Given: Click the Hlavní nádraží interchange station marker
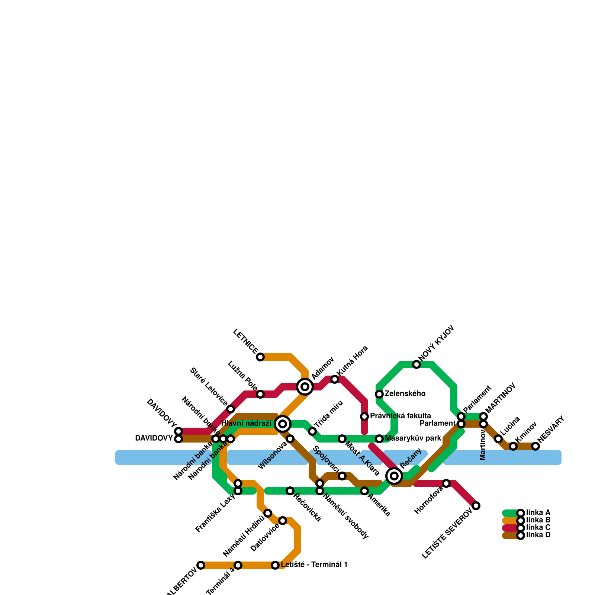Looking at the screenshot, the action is (283, 424).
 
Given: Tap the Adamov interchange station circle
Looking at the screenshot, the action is (305, 387).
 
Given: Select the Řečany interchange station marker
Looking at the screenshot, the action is (394, 476).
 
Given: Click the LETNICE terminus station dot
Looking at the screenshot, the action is (260, 357).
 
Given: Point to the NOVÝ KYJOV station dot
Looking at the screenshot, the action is (416, 364).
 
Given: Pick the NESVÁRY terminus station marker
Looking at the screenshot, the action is (535, 446).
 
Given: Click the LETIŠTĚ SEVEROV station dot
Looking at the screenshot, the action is (476, 506).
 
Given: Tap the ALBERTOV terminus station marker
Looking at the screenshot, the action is (201, 565).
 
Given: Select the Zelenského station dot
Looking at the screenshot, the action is (379, 394).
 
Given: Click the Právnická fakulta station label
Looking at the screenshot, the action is (400, 416).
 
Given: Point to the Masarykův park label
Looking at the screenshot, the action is (413, 438).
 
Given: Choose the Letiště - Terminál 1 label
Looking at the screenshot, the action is (314, 565).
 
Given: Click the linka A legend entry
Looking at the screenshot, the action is (538, 513).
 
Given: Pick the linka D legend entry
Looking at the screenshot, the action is (538, 535).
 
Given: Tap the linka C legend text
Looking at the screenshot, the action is (538, 528).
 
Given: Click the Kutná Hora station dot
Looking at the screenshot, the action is (335, 379).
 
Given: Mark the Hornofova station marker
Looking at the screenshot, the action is (446, 483).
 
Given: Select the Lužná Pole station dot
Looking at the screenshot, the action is (260, 394).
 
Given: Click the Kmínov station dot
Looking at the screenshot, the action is (513, 446).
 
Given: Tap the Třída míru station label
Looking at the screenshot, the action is (328, 414).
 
